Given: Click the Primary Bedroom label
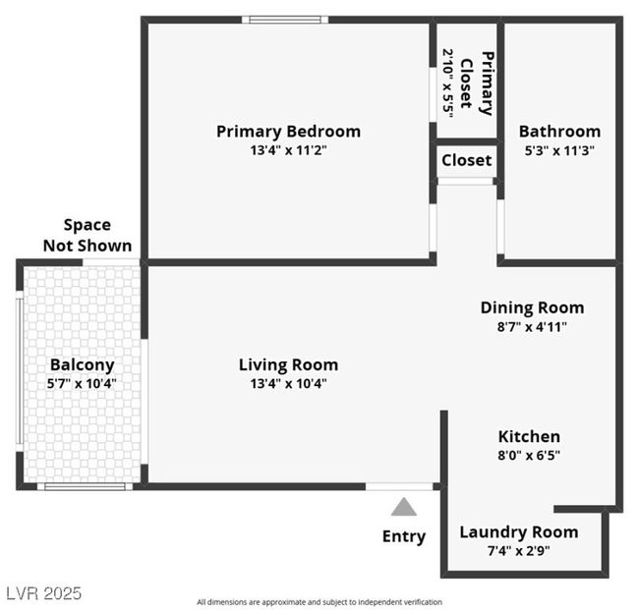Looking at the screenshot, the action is pyautogui.click(x=288, y=132).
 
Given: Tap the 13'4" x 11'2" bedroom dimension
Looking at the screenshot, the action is pyautogui.click(x=288, y=150).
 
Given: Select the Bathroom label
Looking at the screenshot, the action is pyautogui.click(x=559, y=132).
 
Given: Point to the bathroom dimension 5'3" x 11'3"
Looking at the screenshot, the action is pyautogui.click(x=559, y=150).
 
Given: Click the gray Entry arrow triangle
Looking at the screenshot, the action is pyautogui.click(x=403, y=507).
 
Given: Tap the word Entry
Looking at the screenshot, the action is pyautogui.click(x=404, y=536).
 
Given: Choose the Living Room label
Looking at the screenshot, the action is pyautogui.click(x=288, y=364).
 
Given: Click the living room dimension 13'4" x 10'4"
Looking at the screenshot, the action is pyautogui.click(x=288, y=384).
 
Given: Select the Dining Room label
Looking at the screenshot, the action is pyautogui.click(x=532, y=307).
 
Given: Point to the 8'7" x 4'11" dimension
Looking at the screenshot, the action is pyautogui.click(x=532, y=326).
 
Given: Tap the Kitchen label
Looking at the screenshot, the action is pyautogui.click(x=529, y=436).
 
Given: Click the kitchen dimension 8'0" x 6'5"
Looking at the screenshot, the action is pyautogui.click(x=529, y=455).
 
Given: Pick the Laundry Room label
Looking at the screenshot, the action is pyautogui.click(x=519, y=532).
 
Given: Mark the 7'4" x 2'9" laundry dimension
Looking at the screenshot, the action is pyautogui.click(x=518, y=551).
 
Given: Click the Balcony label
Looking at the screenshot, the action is pyautogui.click(x=82, y=364).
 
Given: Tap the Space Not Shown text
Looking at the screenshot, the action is pyautogui.click(x=87, y=236).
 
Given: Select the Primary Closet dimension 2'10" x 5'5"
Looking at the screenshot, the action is pyautogui.click(x=448, y=83).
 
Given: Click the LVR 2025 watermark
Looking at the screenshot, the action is pyautogui.click(x=44, y=593).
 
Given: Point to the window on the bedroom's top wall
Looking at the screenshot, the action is pyautogui.click(x=285, y=20).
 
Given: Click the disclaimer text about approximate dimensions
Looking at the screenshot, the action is pyautogui.click(x=319, y=602).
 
